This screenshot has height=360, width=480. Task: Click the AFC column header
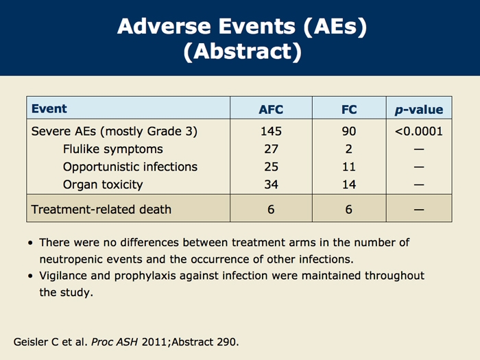[x=271, y=109]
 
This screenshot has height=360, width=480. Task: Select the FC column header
[x=349, y=109]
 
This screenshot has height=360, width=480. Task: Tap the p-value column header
[x=419, y=109]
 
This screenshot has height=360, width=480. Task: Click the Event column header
[x=49, y=108]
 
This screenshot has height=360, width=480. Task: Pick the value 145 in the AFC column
[x=271, y=132]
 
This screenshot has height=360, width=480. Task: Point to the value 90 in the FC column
[x=349, y=132]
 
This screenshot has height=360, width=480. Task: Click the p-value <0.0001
[x=419, y=132]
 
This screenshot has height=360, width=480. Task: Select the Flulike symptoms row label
[x=113, y=149]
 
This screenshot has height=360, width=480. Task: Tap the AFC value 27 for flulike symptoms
[x=272, y=149]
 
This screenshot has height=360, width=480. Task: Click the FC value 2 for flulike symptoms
[x=348, y=149]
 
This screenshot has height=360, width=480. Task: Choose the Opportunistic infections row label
[x=130, y=167]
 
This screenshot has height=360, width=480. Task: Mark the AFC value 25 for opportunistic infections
[x=272, y=167]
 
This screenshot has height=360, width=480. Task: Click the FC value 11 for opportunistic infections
[x=349, y=167]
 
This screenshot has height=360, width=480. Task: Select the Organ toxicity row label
[x=103, y=185]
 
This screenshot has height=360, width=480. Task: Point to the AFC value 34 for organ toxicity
[x=272, y=184]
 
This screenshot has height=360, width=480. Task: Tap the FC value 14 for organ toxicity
[x=349, y=184]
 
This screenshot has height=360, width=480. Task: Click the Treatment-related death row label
[x=101, y=209]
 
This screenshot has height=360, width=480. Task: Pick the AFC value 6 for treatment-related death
[x=271, y=209]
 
